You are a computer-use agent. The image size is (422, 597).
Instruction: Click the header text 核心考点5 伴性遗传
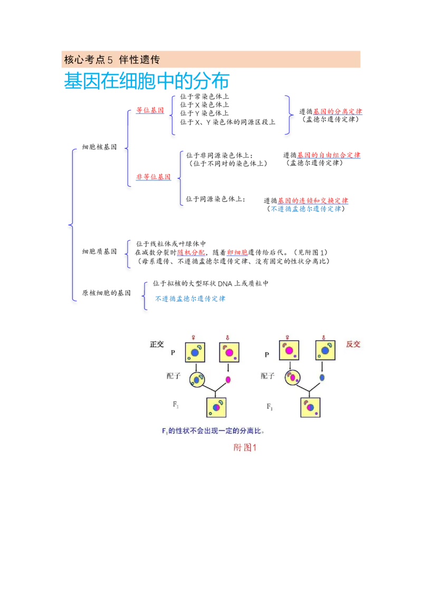112,60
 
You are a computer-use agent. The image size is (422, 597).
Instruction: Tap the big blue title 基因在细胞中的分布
147,81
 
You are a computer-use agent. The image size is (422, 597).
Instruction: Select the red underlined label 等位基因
150,110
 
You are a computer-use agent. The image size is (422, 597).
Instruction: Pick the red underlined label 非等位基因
154,177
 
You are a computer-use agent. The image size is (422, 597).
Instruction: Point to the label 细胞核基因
99,147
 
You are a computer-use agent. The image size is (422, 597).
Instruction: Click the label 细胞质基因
99,252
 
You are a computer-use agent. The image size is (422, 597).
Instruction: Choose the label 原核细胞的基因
106,293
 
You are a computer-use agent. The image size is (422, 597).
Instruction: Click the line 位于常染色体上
205,97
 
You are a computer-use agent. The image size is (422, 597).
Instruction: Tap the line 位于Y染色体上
205,113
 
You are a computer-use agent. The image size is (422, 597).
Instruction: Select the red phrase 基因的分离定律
338,112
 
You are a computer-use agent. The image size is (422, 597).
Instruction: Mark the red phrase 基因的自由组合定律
329,156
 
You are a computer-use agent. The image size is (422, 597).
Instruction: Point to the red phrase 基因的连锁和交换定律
313,200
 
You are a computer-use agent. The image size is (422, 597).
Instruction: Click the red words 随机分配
191,253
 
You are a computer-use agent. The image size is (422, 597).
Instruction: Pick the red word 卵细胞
237,253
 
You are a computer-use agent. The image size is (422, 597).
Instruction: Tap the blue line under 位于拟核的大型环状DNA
190,299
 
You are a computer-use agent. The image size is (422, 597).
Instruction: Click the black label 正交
157,344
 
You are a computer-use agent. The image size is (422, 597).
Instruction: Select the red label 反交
353,344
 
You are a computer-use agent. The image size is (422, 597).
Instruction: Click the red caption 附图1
245,447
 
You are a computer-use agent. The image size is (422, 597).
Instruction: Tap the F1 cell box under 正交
216,407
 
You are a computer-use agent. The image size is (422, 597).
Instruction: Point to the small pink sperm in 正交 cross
228,379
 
